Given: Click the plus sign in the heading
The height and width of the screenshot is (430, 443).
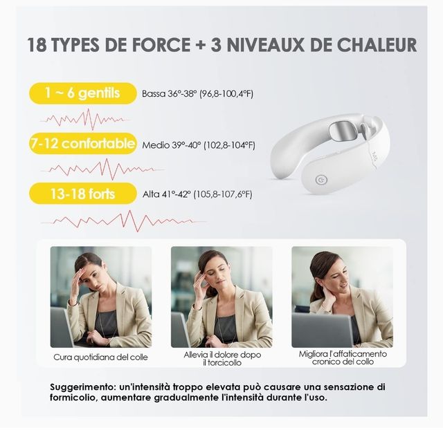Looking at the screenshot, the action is (201, 45).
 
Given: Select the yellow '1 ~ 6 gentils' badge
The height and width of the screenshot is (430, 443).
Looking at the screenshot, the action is (83, 93).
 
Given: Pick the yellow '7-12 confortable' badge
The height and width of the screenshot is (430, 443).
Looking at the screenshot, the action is (83, 144).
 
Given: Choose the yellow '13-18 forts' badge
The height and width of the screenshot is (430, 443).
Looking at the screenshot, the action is (83, 194).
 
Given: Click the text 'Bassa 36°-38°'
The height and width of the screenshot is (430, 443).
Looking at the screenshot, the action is (169, 94).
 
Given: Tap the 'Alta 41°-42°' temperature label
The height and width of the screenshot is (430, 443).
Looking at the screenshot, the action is (167, 194).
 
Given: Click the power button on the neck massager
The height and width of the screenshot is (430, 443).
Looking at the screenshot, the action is (321, 180).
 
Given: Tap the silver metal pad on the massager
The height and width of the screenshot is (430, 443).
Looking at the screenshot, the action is (343, 131).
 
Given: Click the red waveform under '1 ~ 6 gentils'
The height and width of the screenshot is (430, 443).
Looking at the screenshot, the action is (84, 119).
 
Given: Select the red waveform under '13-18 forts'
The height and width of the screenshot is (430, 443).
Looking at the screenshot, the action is (123, 221).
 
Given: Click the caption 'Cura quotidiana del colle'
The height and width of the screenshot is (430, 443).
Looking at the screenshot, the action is (100, 357).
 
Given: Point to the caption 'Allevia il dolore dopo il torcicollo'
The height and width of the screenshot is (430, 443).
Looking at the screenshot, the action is (222, 359).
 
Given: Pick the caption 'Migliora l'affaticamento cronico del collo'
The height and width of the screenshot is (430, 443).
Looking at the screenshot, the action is (343, 358).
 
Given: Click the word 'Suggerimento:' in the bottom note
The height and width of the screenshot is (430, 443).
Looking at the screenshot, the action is (82, 387).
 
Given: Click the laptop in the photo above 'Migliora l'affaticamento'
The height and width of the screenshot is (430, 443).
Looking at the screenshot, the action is (322, 330).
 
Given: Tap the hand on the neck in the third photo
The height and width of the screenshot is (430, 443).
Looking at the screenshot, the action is (330, 301).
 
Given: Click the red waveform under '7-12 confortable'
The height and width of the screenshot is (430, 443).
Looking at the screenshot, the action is (102, 169).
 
